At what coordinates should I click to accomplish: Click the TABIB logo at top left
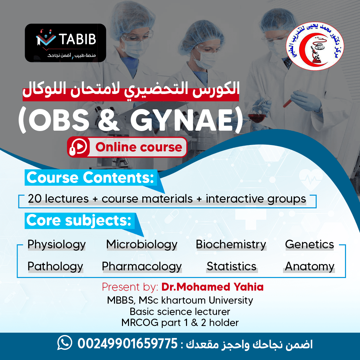65,43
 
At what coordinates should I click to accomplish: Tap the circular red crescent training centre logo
315,46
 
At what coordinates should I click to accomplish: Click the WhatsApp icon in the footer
65,343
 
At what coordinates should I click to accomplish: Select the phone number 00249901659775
127,343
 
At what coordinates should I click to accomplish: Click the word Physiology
56,245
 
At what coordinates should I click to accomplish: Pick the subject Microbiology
142,245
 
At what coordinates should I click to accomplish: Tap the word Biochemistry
231,245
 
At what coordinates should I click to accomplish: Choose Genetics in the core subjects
309,244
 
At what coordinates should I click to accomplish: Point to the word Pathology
55,267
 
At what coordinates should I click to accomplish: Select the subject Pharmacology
142,267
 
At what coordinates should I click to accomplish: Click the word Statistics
231,266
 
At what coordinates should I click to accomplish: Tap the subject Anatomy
309,267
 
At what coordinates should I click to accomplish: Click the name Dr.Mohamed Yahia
212,287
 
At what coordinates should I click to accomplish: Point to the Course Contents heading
90,177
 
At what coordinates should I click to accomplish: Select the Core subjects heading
79,221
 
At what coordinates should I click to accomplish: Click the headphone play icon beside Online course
78,147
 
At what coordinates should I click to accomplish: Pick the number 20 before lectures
35,199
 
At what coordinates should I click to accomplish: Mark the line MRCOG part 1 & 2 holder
180,323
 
